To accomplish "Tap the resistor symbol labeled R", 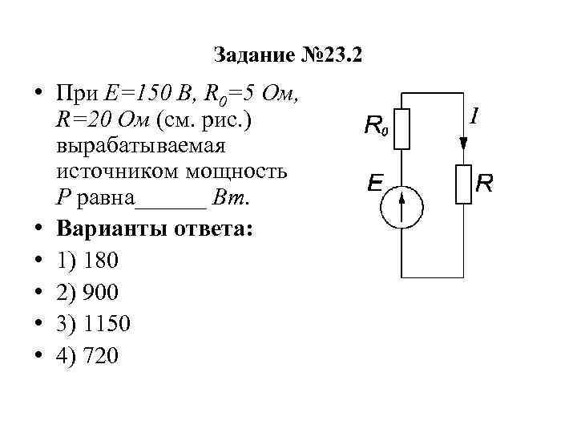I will click(463, 184).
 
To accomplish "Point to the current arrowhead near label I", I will click(463, 144).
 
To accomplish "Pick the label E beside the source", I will click(373, 184).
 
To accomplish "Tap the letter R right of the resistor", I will click(484, 184).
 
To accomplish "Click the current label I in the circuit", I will click(474, 118).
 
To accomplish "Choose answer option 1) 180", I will click(87, 260).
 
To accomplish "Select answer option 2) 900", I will click(87, 292).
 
